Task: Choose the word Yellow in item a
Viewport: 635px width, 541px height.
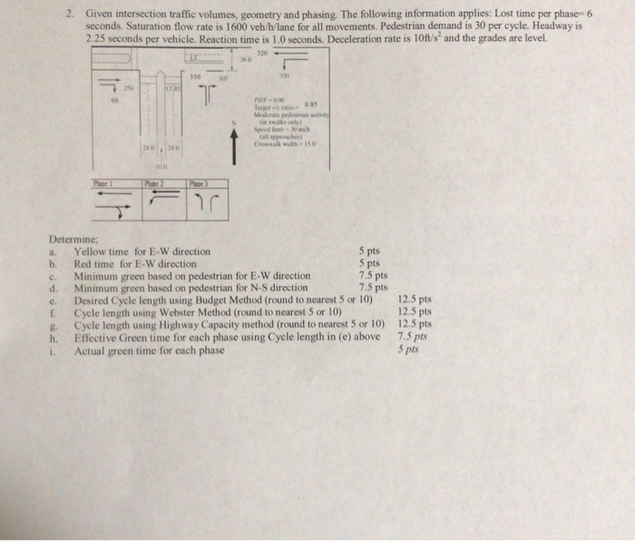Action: [x=92, y=251]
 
